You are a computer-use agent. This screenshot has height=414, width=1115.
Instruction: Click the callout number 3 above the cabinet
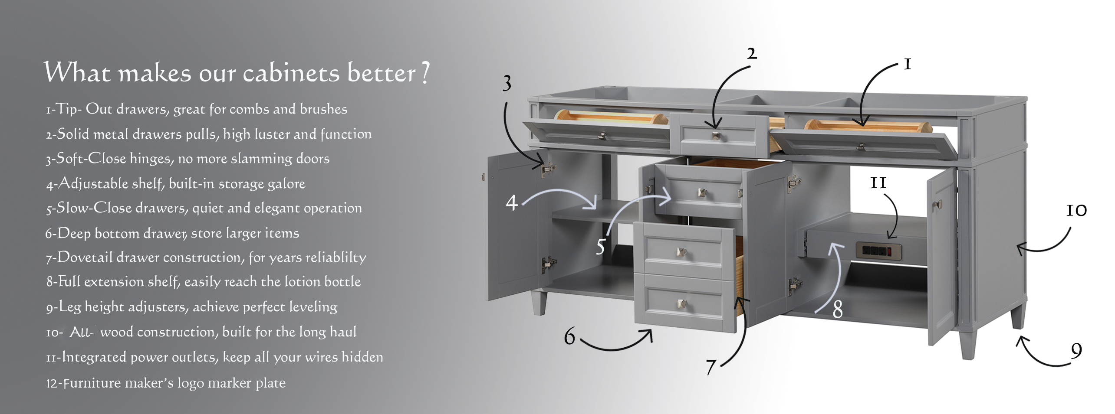pos(507,84)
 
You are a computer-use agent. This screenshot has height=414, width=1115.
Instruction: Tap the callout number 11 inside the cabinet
pos(878,183)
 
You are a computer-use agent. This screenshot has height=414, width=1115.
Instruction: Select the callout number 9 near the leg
pos(1076,350)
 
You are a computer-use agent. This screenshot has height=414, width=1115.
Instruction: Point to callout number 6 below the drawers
pos(569,336)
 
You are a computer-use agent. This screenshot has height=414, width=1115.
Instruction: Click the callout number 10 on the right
pos(1076,211)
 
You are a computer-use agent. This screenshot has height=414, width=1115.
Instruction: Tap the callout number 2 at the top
pos(752,54)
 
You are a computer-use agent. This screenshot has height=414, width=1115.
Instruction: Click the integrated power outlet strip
pos(878,250)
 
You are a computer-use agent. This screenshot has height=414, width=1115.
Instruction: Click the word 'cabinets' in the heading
pos(291,73)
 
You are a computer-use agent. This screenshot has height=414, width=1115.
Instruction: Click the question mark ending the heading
pos(425,72)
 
